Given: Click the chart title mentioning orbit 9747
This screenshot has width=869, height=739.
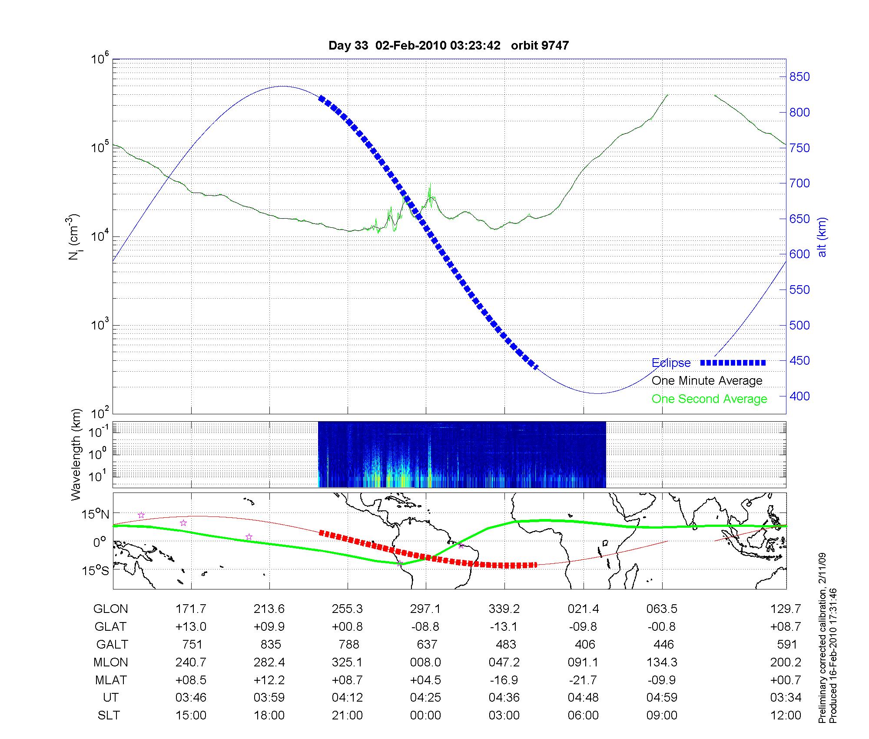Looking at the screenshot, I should [x=448, y=46].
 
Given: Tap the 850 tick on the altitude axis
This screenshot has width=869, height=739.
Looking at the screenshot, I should [x=799, y=77].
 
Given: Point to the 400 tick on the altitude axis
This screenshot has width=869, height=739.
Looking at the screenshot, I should [x=799, y=396].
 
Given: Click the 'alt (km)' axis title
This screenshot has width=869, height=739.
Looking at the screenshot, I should [x=822, y=237].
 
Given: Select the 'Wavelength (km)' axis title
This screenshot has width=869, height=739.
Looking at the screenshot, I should [x=76, y=454].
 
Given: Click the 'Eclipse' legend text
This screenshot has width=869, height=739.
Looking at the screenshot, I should [x=671, y=363].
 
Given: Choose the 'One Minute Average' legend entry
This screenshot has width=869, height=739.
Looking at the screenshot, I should [x=707, y=381].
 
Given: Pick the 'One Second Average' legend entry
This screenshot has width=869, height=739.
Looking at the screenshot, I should [x=709, y=399].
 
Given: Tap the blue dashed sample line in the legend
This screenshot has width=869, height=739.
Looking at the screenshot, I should [x=733, y=363].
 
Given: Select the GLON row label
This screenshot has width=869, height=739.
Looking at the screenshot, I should [x=111, y=609].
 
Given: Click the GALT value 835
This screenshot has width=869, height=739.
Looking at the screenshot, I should [x=271, y=644].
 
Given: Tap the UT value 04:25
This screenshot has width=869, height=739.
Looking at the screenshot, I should [x=425, y=698].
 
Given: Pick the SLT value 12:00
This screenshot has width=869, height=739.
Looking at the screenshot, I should [x=786, y=716].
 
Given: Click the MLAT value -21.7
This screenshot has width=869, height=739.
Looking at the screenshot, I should [x=583, y=680].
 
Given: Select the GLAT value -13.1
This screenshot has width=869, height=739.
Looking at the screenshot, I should [x=504, y=626].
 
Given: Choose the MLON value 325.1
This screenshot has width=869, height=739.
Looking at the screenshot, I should [x=347, y=662].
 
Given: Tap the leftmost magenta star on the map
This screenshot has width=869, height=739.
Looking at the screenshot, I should [x=141, y=515].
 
